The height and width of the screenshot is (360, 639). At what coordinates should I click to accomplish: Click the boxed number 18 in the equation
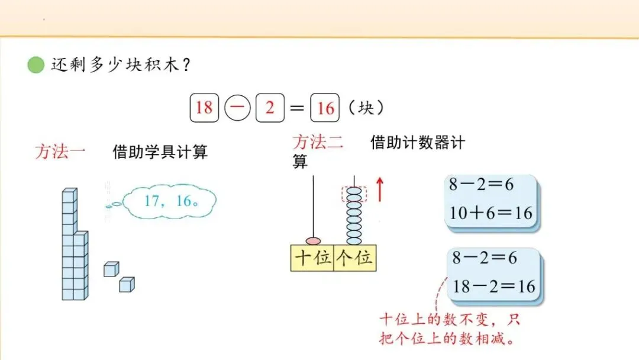point(204,108)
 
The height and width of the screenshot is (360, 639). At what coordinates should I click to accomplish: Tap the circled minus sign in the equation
point(238,108)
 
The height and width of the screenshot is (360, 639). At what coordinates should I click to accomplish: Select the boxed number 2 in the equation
point(270,108)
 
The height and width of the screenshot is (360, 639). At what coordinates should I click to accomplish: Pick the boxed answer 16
point(325,108)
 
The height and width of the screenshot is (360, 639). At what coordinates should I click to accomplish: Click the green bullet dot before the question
point(36,65)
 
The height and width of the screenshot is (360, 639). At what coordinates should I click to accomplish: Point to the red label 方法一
point(60,152)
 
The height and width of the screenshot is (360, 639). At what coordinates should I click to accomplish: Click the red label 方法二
point(318,143)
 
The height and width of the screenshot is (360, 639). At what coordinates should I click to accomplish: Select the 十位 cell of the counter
point(312,259)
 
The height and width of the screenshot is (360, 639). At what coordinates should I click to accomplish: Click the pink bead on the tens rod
point(313,240)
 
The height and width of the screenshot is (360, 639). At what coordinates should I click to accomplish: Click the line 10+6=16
point(490,213)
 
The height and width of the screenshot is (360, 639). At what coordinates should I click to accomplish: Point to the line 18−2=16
point(493,287)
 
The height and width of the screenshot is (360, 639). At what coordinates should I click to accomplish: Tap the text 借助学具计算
point(160,152)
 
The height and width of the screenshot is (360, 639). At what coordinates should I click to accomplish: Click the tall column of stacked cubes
point(69,243)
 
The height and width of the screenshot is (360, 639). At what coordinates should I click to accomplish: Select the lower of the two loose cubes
point(127,284)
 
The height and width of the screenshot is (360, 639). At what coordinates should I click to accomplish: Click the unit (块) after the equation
point(366,108)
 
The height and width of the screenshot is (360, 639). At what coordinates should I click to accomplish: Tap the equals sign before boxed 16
point(298,108)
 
